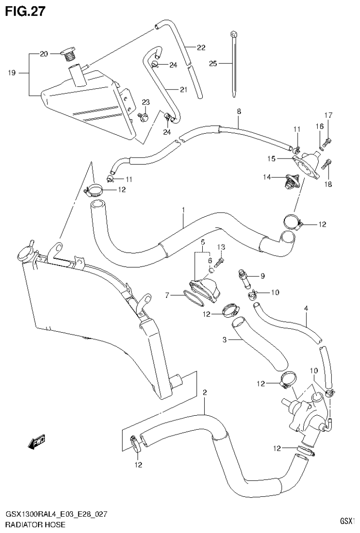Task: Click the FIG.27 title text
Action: [x=25, y=11]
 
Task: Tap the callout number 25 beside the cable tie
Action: [x=213, y=63]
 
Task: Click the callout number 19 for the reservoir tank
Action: [x=12, y=73]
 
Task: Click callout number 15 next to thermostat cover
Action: [x=271, y=159]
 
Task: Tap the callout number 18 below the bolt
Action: [x=328, y=184]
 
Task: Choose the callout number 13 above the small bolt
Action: [x=222, y=247]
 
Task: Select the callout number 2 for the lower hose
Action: [x=204, y=392]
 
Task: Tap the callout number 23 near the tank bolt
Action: [x=146, y=103]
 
